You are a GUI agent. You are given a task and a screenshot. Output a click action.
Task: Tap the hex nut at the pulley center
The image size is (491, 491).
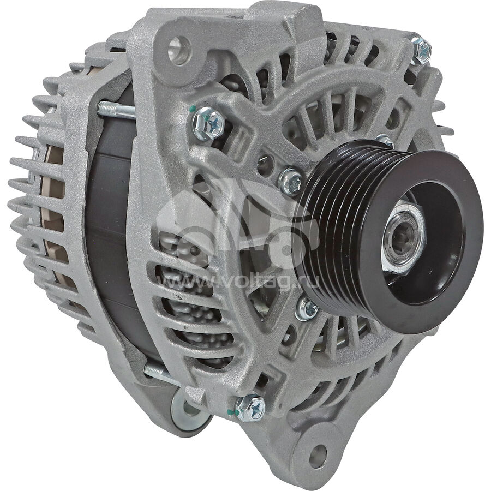tap(404, 238)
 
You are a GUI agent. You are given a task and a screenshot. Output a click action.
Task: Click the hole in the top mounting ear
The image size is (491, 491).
tap(179, 50)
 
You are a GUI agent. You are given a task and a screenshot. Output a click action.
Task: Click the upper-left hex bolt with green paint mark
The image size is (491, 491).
tap(208, 124)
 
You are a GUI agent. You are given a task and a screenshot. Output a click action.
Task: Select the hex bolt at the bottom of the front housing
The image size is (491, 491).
tap(250, 408)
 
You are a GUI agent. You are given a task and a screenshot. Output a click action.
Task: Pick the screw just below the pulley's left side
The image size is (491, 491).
tap(307, 309)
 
